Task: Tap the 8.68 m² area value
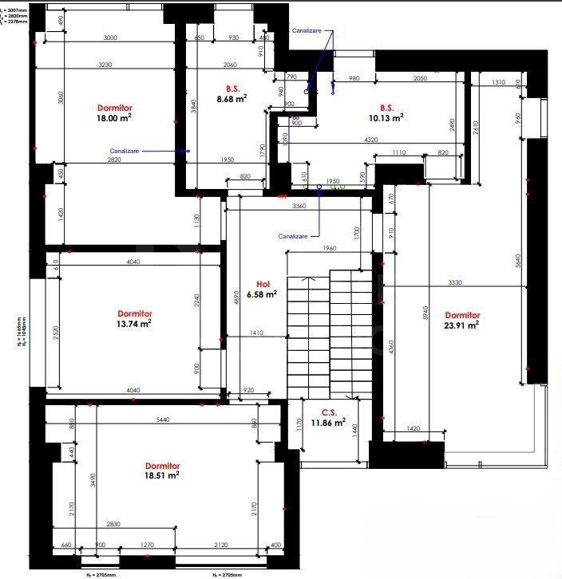click(x=232, y=99)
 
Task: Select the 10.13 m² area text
click(x=387, y=116)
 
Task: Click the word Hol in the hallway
click(x=263, y=284)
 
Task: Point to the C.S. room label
click(x=329, y=412)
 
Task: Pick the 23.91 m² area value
click(x=462, y=325)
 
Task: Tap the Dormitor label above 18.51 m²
click(x=162, y=465)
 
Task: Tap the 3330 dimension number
click(x=456, y=282)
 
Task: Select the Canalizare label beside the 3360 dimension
click(x=293, y=236)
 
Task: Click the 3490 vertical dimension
click(x=93, y=479)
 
